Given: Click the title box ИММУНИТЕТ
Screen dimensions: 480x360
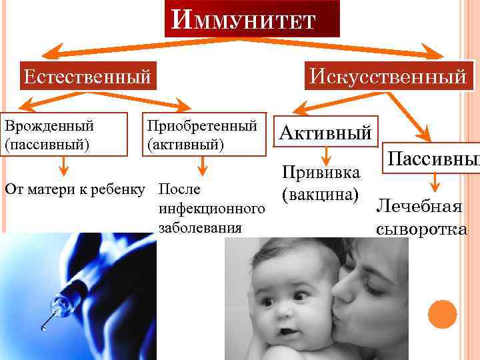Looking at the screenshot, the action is point(251,19).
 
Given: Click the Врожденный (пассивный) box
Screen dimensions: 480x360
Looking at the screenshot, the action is point(64,134).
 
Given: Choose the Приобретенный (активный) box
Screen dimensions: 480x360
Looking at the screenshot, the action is point(202,134).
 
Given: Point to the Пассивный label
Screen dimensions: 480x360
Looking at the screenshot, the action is point(433,159).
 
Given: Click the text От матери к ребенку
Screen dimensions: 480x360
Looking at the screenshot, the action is point(74,187).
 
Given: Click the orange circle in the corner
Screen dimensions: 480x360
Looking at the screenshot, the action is point(441,314).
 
